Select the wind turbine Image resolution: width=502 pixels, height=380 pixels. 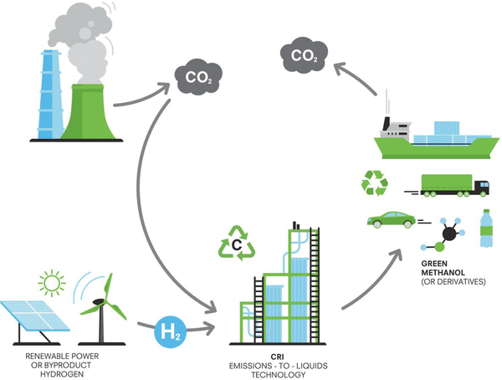tap(101, 305)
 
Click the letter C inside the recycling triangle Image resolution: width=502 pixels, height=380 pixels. tap(237, 246)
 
